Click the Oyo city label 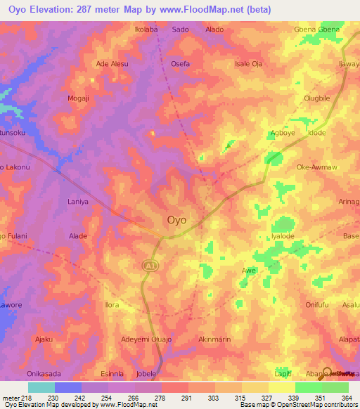pyautogui.click(x=177, y=220)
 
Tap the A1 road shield pyautogui.click(x=149, y=265)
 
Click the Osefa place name pyautogui.click(x=181, y=63)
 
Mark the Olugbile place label pyautogui.click(x=316, y=98)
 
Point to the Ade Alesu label pyautogui.click(x=112, y=63)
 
